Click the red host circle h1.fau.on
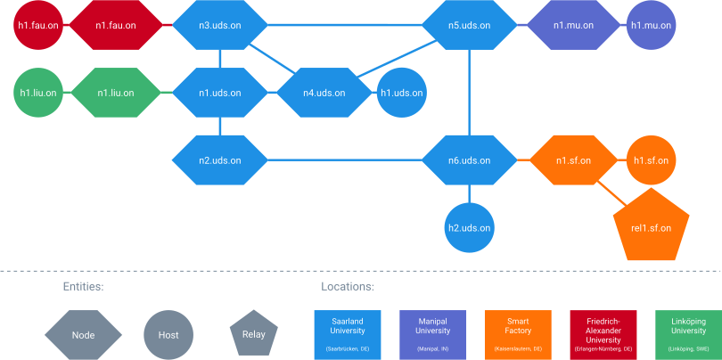coord(39,26)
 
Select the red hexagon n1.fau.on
coord(116,26)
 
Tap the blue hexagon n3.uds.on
coord(219,26)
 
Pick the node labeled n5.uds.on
coord(469,26)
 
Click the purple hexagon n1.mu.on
coord(572,26)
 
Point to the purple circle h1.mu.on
coord(652,26)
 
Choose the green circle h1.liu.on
coord(39,93)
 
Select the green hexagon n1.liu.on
coord(116,93)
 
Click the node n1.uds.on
coord(219,93)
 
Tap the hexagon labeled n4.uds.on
coord(324,93)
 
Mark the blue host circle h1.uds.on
coord(401,93)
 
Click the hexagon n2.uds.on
coord(219,160)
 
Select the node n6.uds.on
coord(469,160)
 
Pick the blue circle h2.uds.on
coord(469,227)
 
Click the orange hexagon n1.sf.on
coord(573,160)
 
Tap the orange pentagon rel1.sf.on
coord(651,226)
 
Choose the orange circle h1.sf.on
coord(652,160)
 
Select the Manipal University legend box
coord(433,335)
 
